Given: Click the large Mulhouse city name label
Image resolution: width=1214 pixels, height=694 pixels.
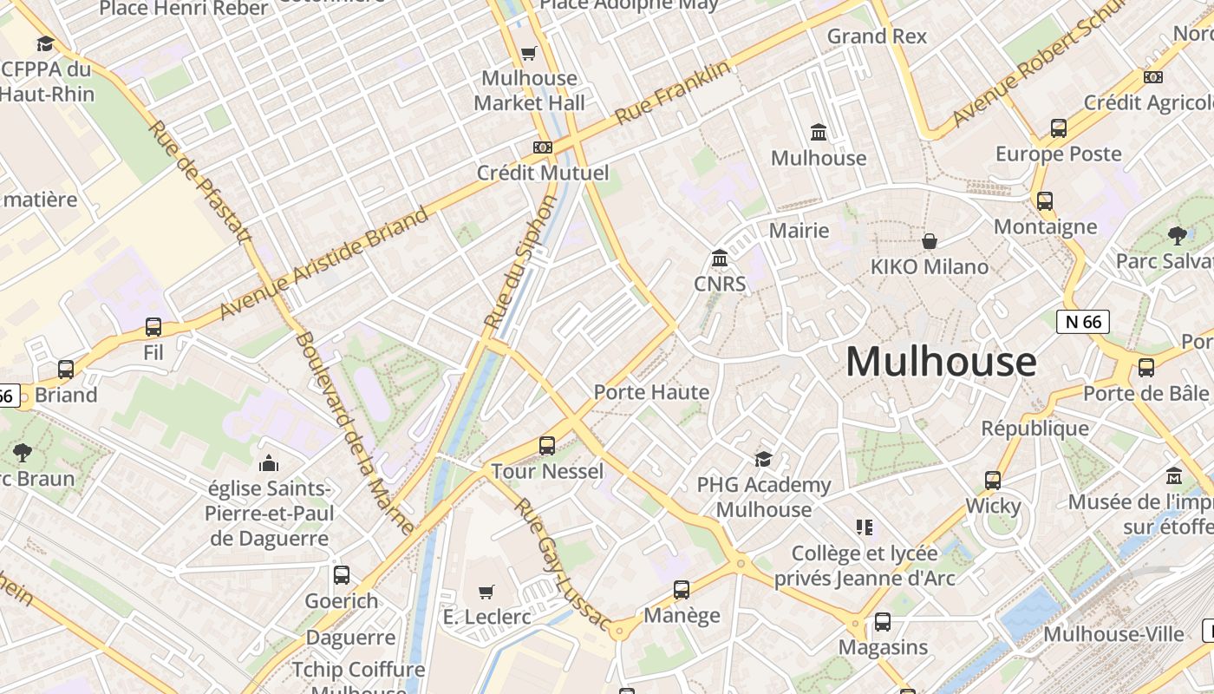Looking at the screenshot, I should [x=941, y=361].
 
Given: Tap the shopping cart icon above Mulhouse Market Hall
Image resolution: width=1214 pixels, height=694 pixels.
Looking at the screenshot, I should [x=529, y=53].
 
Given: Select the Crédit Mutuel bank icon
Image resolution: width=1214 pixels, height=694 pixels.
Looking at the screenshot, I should [x=543, y=147].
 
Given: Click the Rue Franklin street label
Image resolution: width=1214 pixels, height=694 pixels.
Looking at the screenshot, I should [x=673, y=92].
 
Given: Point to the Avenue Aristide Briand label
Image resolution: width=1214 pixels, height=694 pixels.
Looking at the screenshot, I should [x=323, y=262].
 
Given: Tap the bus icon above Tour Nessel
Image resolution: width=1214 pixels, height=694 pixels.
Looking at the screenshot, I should [x=547, y=446].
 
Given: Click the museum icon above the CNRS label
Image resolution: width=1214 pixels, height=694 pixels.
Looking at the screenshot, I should [x=720, y=259].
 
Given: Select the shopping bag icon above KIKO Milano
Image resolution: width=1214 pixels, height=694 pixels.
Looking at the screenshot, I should [x=930, y=240].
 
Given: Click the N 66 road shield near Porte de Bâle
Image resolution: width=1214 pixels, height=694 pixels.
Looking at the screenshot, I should [x=1083, y=322].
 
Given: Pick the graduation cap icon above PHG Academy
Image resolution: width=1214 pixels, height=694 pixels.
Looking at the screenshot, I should [x=763, y=459].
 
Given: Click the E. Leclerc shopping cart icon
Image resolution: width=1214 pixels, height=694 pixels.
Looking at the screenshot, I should [x=486, y=592].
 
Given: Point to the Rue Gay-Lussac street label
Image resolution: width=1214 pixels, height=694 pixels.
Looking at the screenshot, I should [x=562, y=563].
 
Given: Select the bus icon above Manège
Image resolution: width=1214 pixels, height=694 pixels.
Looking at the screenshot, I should [x=682, y=590].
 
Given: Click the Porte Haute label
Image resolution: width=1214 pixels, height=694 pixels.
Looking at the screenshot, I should [x=651, y=392].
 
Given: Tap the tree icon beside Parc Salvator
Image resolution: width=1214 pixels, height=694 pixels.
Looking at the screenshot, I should [x=1177, y=235].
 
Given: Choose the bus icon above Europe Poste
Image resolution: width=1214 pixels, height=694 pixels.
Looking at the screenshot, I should [x=1059, y=128].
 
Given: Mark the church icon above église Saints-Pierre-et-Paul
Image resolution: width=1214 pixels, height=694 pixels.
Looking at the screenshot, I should [x=269, y=463].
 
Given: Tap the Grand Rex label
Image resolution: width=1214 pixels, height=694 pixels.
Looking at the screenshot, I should [x=877, y=36].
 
